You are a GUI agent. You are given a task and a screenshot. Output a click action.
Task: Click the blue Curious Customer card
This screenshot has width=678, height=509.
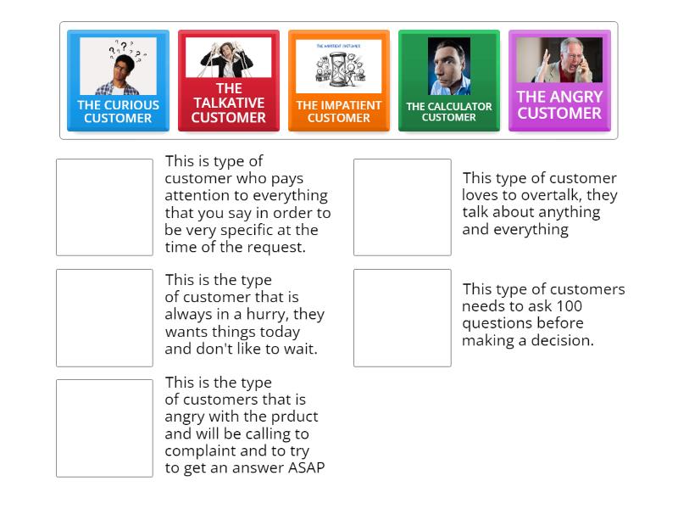point(118,81)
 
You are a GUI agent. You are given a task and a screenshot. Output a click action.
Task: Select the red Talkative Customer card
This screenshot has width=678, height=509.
point(228,81)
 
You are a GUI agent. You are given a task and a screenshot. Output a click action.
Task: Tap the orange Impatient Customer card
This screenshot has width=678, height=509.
point(338,81)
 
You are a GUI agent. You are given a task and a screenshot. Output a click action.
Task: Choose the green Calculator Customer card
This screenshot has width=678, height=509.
point(448,81)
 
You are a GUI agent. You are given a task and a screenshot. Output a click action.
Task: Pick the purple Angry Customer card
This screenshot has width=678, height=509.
point(559,81)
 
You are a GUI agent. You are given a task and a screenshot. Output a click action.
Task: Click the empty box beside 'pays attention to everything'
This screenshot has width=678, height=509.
point(104,207)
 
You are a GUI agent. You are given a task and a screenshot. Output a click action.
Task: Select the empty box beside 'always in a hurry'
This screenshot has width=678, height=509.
point(104,317)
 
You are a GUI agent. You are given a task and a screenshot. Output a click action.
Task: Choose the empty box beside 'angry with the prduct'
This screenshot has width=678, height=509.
point(104,428)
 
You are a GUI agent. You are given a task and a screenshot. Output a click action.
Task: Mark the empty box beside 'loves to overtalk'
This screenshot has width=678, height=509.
point(402,207)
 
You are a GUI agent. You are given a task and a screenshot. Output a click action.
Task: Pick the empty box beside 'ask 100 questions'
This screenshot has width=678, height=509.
point(402,317)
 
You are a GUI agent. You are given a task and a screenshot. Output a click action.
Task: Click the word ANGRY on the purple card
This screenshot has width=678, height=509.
point(573,97)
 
